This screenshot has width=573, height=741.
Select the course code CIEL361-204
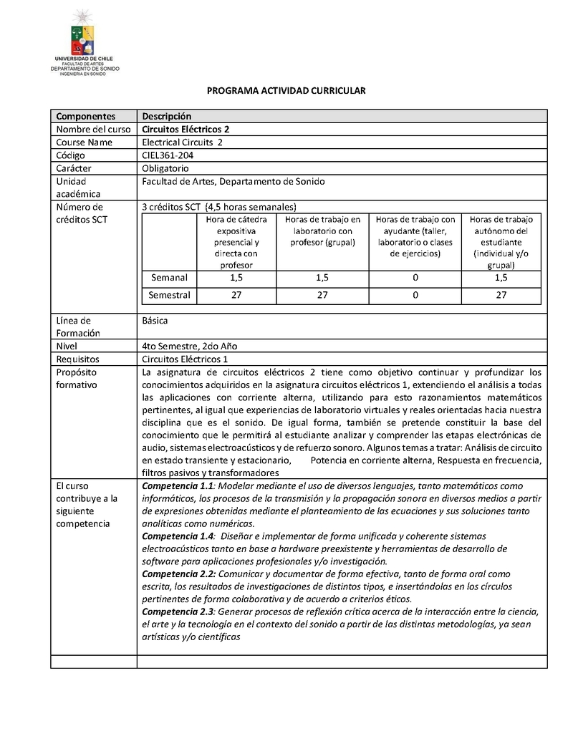tap(168, 155)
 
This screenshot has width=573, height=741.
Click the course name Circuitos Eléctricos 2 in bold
tap(186, 130)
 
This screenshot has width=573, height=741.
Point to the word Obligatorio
tap(165, 168)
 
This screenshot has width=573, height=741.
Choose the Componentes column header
tap(86, 117)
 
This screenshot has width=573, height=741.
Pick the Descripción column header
tap(167, 117)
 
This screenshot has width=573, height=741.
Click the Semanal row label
tap(169, 278)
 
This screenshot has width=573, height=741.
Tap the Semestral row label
tap(169, 295)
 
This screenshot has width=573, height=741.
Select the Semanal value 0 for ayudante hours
tap(415, 278)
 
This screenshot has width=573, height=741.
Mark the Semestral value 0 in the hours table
tap(415, 295)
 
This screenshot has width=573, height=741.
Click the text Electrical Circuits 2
tap(183, 142)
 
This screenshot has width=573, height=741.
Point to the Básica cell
tap(155, 321)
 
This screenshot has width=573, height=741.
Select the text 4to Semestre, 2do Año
tap(189, 347)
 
